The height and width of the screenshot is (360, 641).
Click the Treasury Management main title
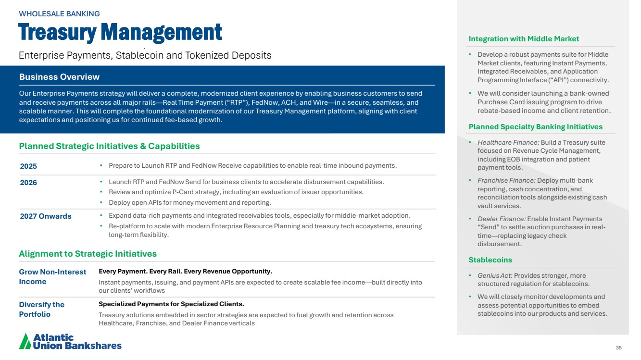(120, 33)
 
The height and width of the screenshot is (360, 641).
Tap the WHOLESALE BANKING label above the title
(59, 14)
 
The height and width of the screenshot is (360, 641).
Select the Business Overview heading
(59, 77)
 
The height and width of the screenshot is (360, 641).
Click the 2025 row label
(28, 166)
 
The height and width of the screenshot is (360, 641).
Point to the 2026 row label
(28, 183)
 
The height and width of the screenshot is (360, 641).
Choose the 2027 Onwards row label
(46, 216)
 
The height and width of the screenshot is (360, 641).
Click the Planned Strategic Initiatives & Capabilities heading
(109, 146)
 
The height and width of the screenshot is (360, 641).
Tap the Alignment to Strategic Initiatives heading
(88, 254)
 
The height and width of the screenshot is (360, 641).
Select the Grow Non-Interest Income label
(52, 277)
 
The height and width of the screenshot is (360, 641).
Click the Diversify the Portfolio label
(41, 310)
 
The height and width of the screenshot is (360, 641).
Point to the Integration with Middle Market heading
(524, 39)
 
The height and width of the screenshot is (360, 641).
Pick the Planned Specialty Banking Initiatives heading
(535, 127)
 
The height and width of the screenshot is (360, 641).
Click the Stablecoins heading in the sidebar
(490, 260)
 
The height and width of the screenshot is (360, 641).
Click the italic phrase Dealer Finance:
(495, 219)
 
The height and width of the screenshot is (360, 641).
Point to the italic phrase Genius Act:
(488, 276)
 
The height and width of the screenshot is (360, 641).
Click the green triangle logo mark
(25, 341)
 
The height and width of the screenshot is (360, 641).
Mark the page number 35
(618, 348)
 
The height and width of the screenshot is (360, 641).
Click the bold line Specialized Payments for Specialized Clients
(171, 304)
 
